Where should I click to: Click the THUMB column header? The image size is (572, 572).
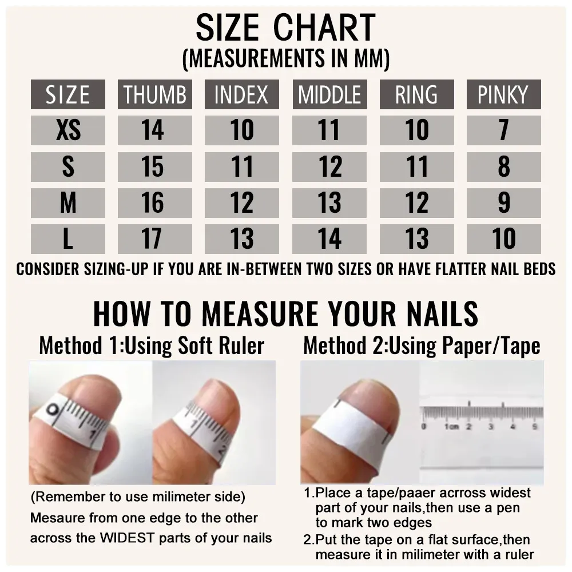tap(154, 94)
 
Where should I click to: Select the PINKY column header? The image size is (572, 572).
tap(503, 94)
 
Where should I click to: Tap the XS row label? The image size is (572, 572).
tap(68, 130)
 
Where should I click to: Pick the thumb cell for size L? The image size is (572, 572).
tap(154, 239)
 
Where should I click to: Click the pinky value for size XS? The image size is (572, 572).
tap(503, 130)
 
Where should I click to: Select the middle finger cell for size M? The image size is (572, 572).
tap(329, 203)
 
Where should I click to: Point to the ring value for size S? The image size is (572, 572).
tap(416, 166)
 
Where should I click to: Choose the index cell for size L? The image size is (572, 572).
tap(241, 239)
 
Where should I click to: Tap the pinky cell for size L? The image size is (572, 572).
tap(503, 239)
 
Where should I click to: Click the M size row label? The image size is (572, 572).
tap(68, 203)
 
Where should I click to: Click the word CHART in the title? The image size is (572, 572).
tap(324, 27)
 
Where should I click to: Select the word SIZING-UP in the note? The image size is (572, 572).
tap(116, 269)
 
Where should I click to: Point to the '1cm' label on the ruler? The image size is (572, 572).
tap(451, 427)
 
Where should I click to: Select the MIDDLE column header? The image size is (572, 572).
tap(329, 94)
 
